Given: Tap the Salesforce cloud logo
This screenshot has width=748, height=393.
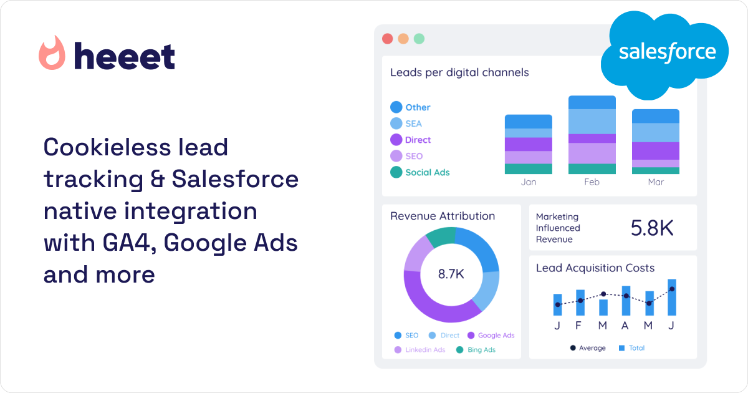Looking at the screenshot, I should [x=666, y=53].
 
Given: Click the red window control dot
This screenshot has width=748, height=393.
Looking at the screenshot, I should [x=387, y=39].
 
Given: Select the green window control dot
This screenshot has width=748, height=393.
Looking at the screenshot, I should [x=419, y=39].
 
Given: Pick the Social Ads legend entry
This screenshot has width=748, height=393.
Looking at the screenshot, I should [x=420, y=172].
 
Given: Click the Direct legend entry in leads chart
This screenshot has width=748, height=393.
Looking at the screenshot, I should [x=411, y=140].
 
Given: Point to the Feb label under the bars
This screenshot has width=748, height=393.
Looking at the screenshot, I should [x=592, y=182].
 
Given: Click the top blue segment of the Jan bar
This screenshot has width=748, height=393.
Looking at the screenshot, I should [x=528, y=121].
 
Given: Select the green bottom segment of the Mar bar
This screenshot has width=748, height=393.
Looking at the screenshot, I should [x=655, y=170].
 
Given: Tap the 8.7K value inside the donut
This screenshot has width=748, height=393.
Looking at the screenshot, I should [x=451, y=274].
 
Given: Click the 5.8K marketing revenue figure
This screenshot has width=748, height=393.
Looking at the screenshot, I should [x=652, y=228].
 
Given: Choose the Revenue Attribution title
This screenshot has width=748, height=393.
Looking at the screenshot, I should [x=442, y=216].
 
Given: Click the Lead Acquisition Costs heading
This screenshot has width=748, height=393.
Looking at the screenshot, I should [x=595, y=268].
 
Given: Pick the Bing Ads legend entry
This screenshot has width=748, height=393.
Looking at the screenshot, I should [x=476, y=350].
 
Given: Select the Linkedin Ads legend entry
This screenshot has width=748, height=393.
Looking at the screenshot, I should [x=420, y=350].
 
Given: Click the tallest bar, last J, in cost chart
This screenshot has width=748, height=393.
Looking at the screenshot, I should [x=671, y=298].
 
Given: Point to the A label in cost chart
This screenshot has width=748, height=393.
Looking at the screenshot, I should [x=626, y=326].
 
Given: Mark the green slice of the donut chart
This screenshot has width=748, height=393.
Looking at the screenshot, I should [x=440, y=236].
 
